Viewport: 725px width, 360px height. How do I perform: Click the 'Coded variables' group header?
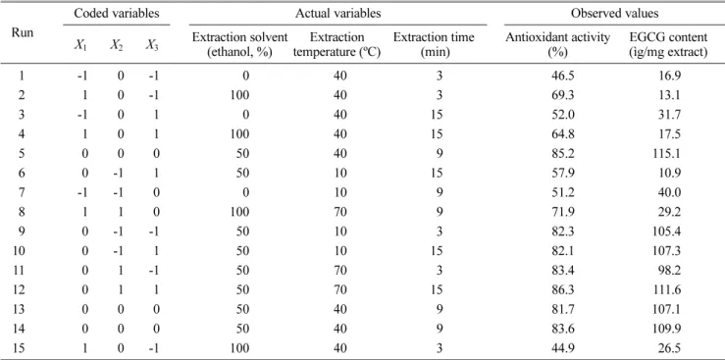pos(117,14)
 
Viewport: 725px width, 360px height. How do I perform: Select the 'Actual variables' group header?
pos(338,14)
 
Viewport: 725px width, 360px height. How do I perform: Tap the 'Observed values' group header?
pos(614,14)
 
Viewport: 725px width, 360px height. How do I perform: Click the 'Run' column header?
pos(24,32)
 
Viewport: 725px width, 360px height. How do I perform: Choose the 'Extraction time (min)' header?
pos(434,45)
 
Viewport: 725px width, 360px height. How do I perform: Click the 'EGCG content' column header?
pos(668,45)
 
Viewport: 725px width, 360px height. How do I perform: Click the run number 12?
pos(22,288)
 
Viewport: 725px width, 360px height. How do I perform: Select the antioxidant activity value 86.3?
pos(556,288)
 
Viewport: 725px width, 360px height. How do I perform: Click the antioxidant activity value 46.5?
pos(556,75)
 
